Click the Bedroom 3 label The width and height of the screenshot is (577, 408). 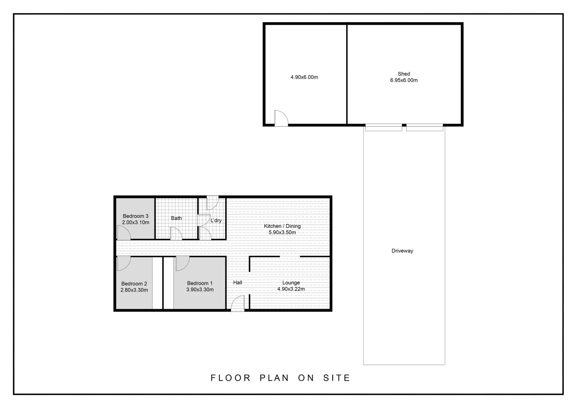tap(136, 216)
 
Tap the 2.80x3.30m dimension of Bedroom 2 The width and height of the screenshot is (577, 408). tap(134, 290)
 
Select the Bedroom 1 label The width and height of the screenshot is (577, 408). tap(200, 283)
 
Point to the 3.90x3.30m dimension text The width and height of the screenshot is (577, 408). tap(200, 290)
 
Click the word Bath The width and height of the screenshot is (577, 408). tap(176, 218)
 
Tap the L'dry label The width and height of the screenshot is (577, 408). tap(216, 221)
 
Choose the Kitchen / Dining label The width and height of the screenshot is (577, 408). tap(282, 226)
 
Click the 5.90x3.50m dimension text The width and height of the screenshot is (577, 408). tap(282, 233)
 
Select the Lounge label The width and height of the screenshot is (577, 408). tap(291, 283)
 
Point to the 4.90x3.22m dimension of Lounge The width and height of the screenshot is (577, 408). tap(291, 289)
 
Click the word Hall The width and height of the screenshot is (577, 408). tap(238, 283)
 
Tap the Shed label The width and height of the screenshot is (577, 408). tap(404, 74)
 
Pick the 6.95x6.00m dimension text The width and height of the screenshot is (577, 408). tap(404, 80)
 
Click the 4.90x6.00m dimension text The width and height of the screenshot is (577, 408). tap(304, 77)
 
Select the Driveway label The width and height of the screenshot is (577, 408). tap(402, 251)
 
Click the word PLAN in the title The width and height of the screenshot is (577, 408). tap(274, 378)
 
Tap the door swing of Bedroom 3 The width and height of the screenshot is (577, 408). tap(123, 233)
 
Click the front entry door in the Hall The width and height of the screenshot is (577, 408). tap(238, 303)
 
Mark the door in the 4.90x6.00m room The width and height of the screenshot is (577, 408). tap(281, 118)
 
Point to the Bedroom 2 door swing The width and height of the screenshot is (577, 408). tap(123, 263)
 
